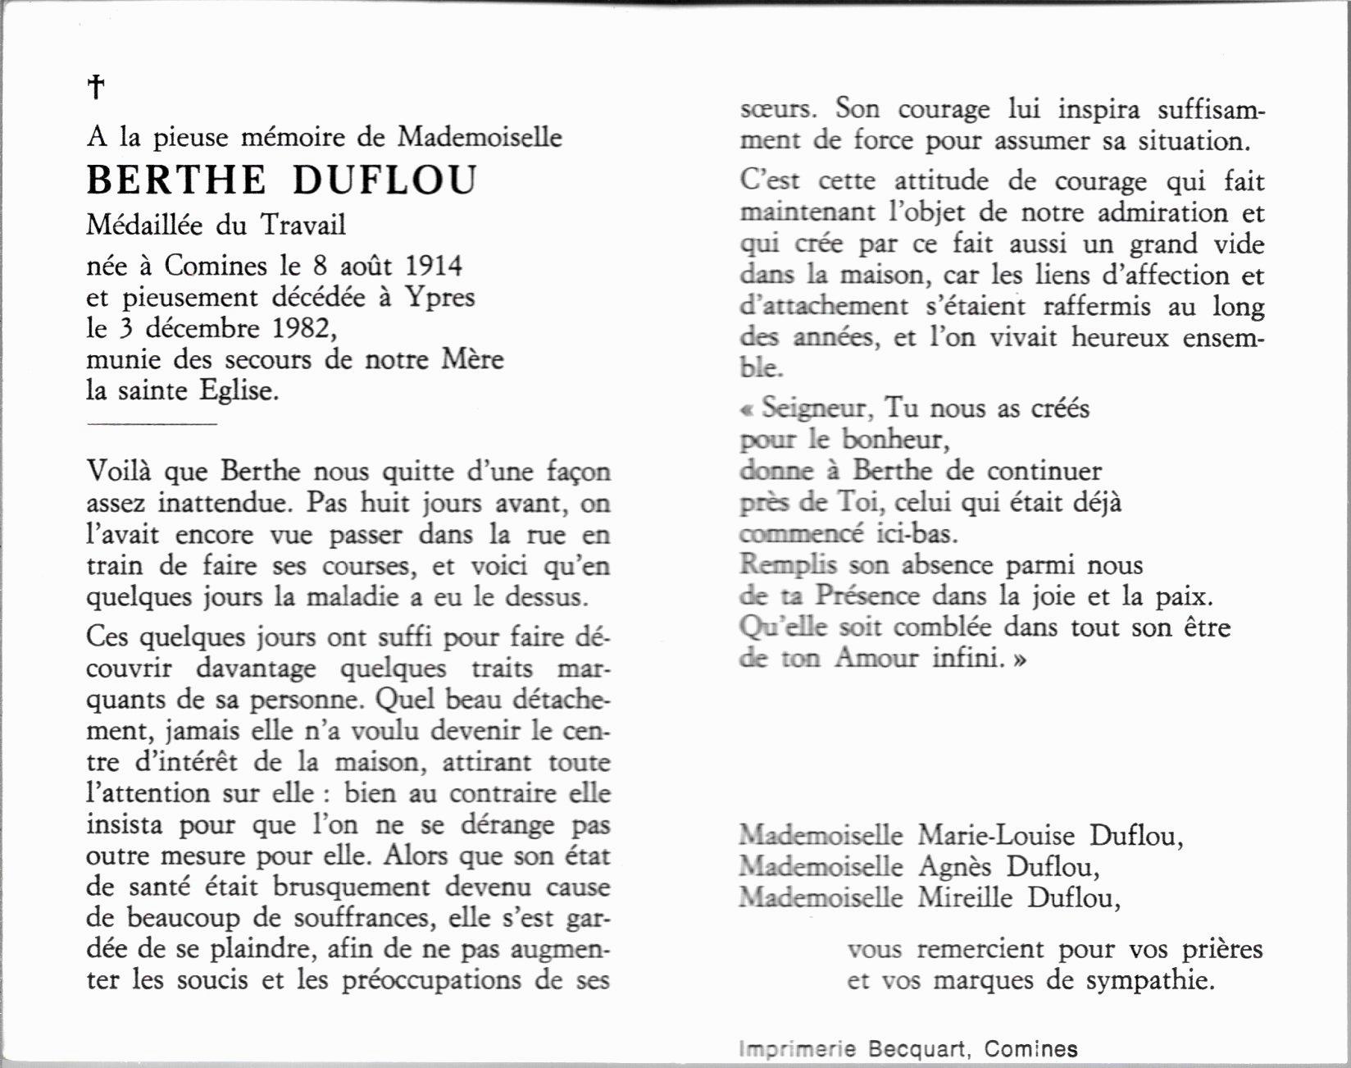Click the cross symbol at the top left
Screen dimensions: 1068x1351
click(96, 87)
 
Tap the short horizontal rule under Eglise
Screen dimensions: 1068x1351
click(151, 424)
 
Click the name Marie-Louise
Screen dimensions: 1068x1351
click(996, 836)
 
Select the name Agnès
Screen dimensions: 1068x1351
click(954, 867)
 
